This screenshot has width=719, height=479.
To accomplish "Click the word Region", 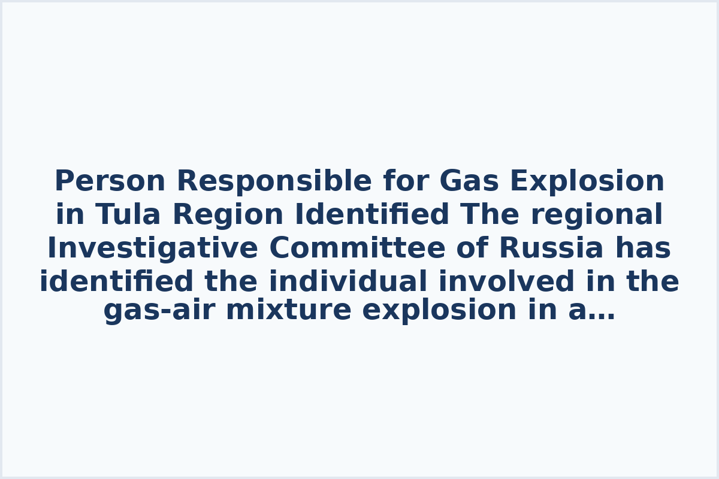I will (x=228, y=215).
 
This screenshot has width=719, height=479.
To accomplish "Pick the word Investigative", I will (x=152, y=248).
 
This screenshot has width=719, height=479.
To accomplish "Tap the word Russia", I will (x=551, y=248).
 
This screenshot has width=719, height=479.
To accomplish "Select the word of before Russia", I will (x=473, y=248).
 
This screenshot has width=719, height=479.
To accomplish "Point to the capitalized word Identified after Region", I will (x=371, y=215).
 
